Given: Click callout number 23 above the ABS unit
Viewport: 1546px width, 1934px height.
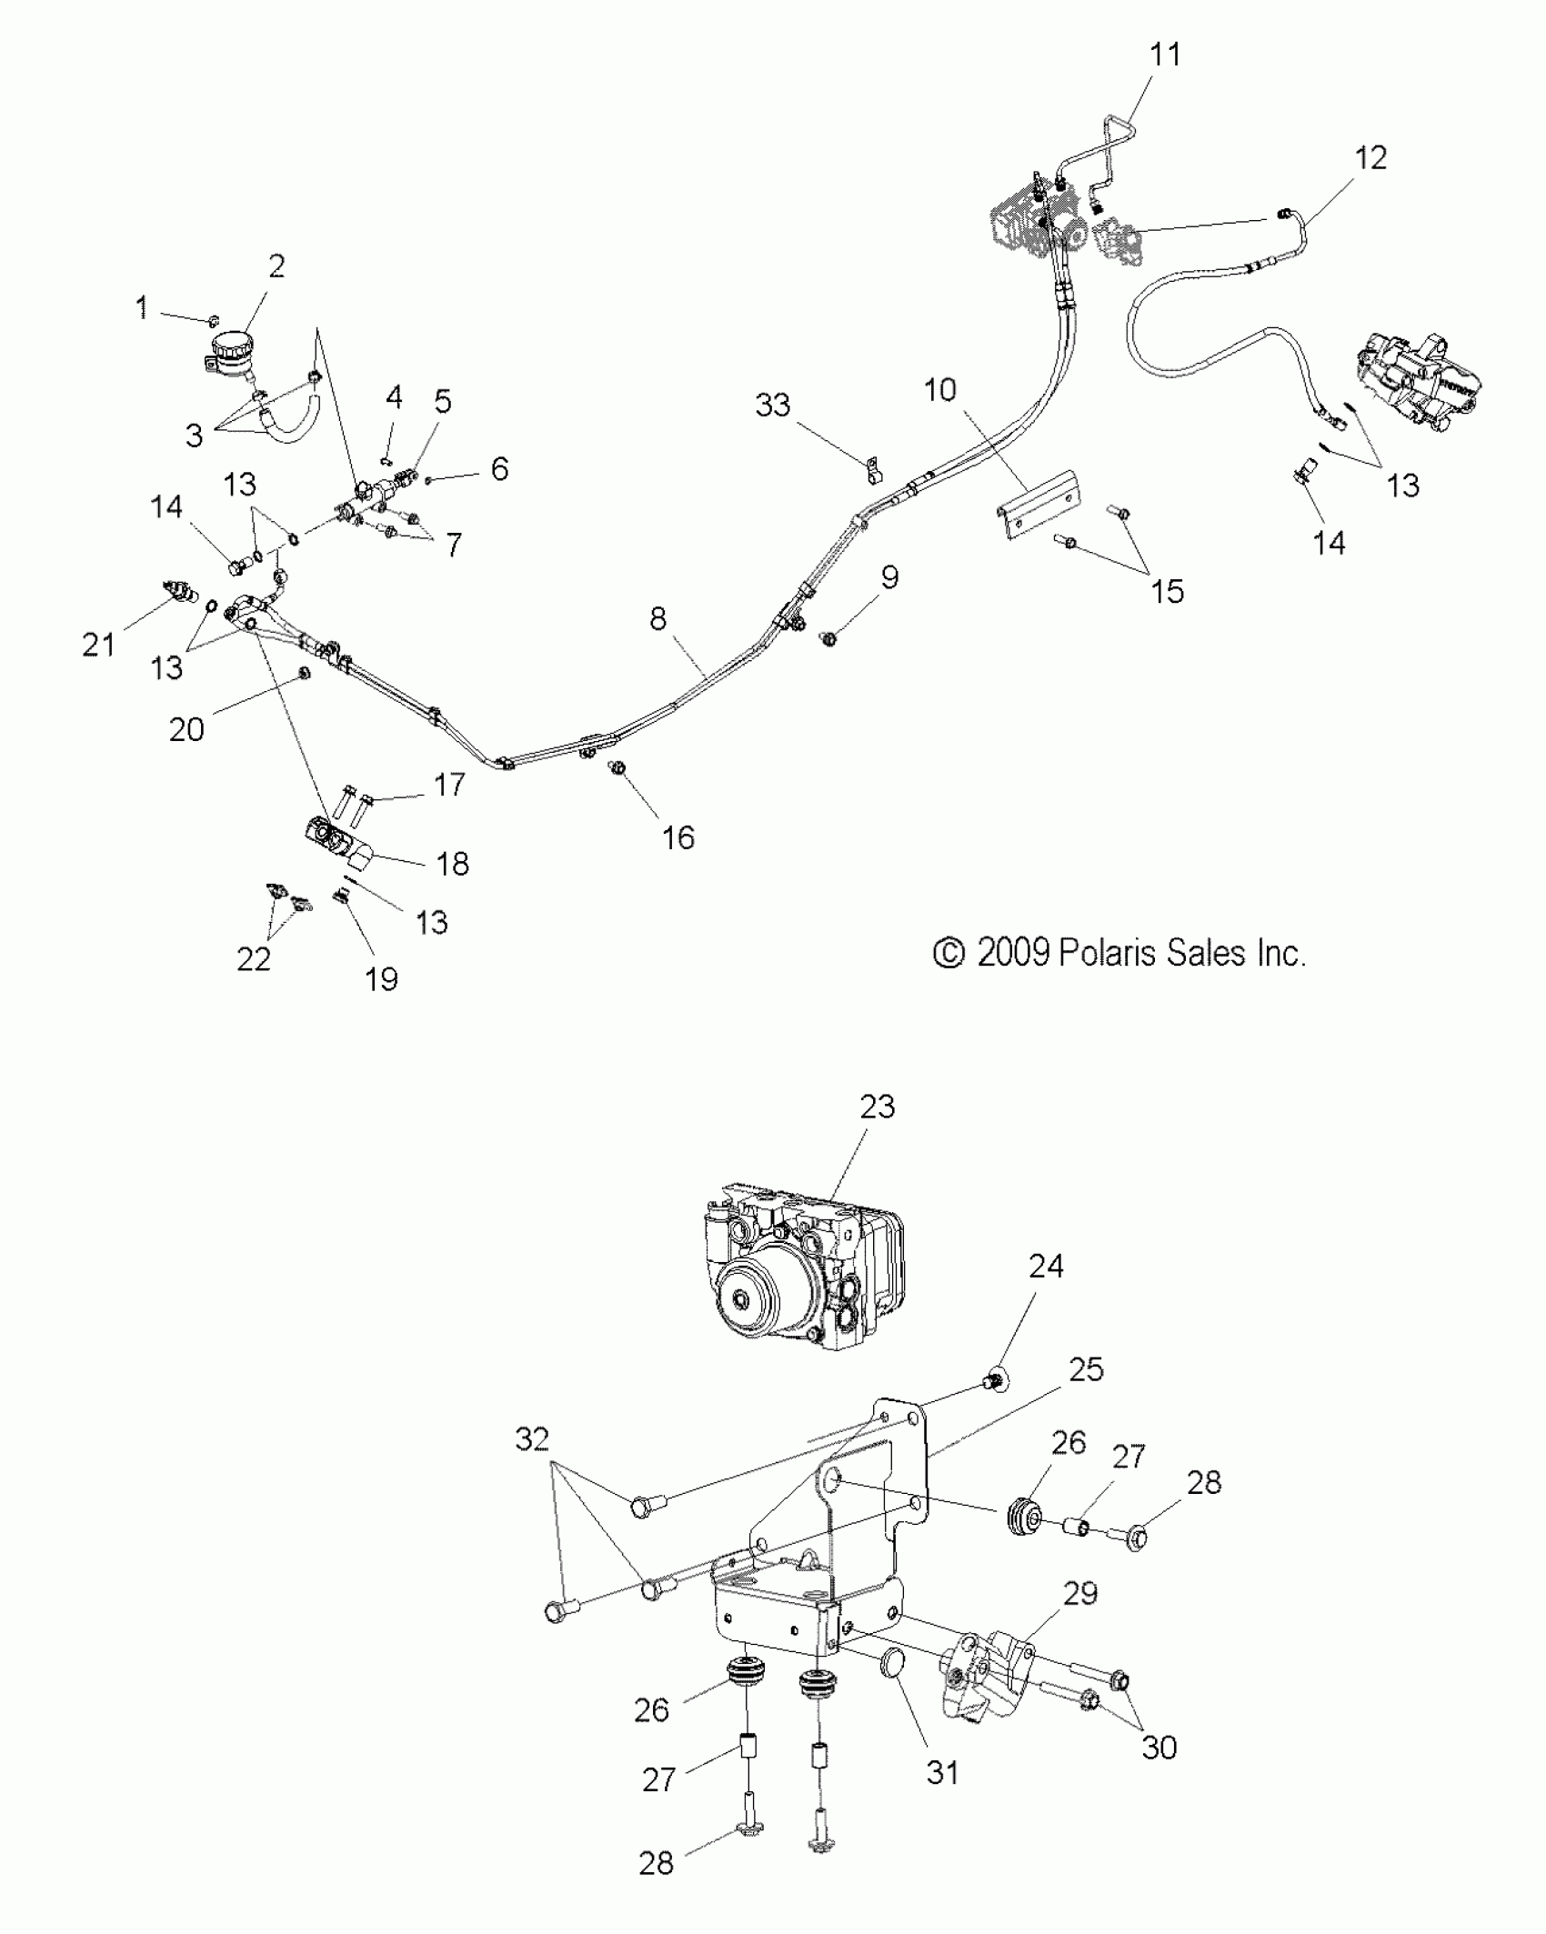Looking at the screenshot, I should (x=877, y=1107).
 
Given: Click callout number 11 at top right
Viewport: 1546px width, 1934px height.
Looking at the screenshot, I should (x=1165, y=55).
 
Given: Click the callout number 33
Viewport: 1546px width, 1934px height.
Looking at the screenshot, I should (x=773, y=406).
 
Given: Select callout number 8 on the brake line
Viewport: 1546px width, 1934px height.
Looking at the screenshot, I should (x=658, y=619).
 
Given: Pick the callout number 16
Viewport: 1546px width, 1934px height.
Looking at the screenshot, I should (x=678, y=837).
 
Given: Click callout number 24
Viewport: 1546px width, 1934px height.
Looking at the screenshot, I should (x=1046, y=1266).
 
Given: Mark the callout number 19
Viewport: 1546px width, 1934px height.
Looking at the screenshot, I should (x=381, y=979).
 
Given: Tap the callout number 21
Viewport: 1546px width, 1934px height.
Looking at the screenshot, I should (x=99, y=646).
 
